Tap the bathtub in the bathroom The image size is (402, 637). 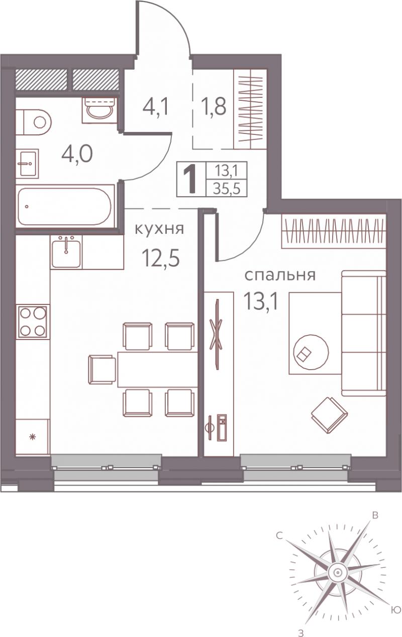tap(65, 206)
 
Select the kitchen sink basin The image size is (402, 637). tap(66, 252)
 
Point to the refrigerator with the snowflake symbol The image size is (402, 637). tap(33, 436)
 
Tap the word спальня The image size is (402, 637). tap(280, 275)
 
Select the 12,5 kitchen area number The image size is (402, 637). tap(161, 258)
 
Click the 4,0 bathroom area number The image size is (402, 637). tap(77, 154)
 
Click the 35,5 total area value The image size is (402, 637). tap(227, 189)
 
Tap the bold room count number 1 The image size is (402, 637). tap(190, 180)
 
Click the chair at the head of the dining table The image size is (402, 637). tap(103, 369)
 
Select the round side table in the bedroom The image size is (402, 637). tap(311, 352)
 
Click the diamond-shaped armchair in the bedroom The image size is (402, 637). tap(329, 415)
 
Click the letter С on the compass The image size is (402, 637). tap(279, 536)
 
